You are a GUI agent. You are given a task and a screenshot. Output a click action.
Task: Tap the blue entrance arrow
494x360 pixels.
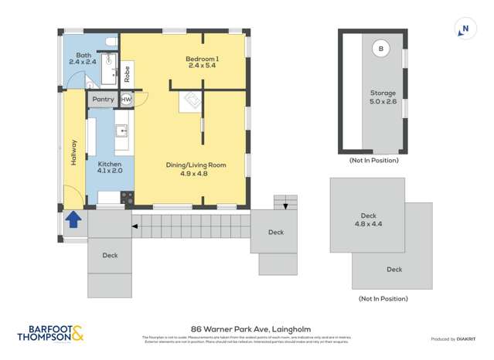tap(73, 220)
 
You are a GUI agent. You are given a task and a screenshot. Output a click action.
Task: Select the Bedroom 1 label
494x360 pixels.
tap(202, 62)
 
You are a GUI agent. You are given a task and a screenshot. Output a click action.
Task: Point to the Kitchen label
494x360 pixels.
tap(110, 168)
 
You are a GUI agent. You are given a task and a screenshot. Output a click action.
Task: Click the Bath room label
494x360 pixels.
tap(80, 57)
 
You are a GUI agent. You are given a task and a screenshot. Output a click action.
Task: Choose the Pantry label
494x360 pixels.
tap(103, 99)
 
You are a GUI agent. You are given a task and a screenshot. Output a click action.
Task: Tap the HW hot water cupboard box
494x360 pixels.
tap(126, 100)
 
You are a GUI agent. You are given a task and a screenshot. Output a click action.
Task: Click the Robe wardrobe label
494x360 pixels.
tap(127, 75)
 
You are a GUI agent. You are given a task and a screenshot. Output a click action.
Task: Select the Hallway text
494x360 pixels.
tap(74, 150)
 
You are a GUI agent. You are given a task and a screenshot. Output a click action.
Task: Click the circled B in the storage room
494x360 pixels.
tap(380, 49)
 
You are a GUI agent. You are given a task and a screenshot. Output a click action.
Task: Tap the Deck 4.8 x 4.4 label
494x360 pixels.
tap(369, 220)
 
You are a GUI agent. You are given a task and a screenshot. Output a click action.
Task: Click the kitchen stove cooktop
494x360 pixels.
tap(127, 198)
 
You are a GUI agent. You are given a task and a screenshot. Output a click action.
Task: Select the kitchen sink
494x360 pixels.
tap(122, 134)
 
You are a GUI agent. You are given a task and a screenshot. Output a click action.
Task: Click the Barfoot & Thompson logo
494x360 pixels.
tap(51, 334)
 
